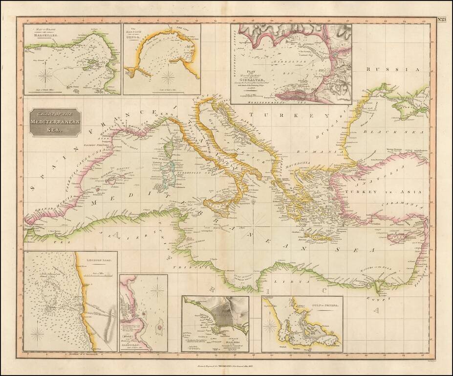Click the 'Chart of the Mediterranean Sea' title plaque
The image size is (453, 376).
[x=54, y=121]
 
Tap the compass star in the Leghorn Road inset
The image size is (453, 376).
[x=38, y=334]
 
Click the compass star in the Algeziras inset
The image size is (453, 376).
[x=157, y=292]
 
